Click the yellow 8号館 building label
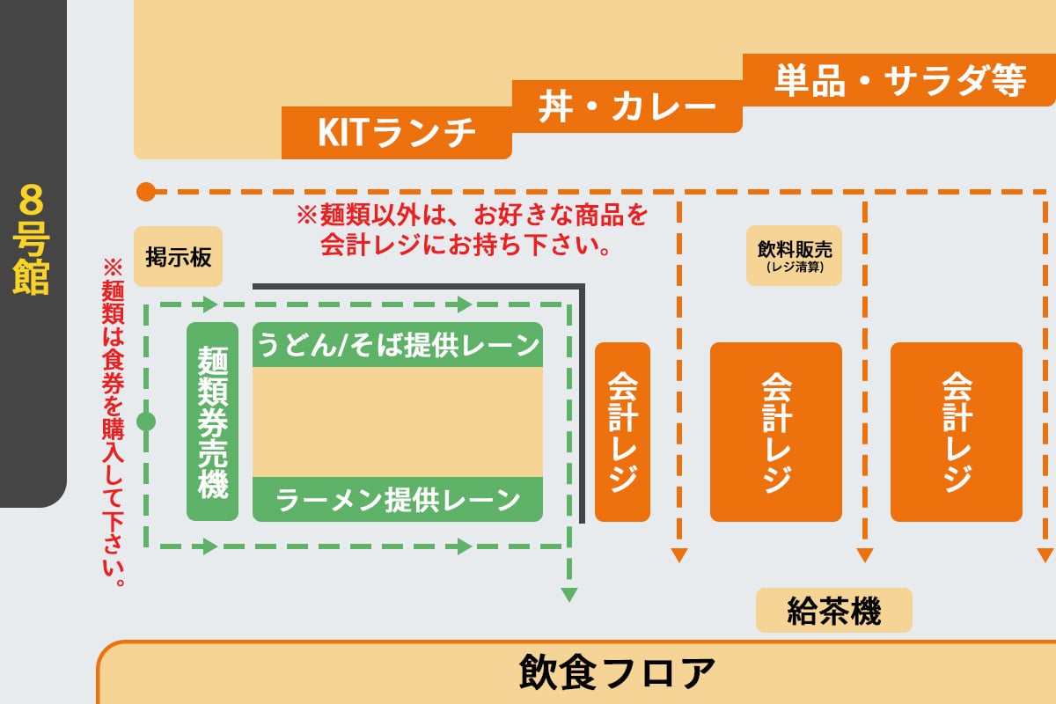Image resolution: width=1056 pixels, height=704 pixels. click(x=31, y=239)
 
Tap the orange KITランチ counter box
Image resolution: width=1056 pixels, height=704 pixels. click(x=397, y=133)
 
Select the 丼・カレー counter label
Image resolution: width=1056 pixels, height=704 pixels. click(x=627, y=106)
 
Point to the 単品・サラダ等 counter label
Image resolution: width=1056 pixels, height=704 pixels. click(x=900, y=80)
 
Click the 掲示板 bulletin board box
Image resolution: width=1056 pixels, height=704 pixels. click(x=178, y=256)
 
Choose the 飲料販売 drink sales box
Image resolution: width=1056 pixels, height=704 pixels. click(x=795, y=255)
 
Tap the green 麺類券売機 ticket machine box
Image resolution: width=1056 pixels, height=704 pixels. click(x=213, y=422)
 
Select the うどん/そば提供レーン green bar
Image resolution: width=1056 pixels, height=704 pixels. click(x=398, y=345)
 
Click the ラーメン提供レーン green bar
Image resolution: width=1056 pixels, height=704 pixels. click(x=398, y=499)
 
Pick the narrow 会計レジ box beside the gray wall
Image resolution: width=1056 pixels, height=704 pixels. click(x=622, y=432)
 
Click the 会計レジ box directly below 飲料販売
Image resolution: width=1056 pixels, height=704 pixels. click(x=776, y=432)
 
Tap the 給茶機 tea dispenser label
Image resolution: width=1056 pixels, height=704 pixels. click(x=834, y=611)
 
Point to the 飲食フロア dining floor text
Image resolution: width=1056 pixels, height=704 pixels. click(x=617, y=672)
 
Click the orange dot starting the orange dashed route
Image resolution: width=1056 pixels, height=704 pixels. click(x=146, y=192)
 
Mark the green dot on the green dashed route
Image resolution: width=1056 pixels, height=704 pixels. click(x=146, y=422)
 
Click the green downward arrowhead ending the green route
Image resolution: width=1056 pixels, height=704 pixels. click(x=569, y=594)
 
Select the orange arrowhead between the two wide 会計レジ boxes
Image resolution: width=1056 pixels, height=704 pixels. click(x=864, y=554)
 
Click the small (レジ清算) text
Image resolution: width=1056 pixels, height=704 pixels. click(x=795, y=267)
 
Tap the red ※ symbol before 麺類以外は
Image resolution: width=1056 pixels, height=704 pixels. click(x=307, y=215)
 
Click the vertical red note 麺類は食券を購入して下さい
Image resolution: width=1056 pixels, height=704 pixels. click(x=114, y=422)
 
